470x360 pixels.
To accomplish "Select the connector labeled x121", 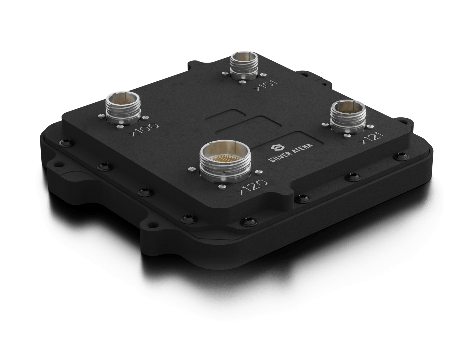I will coord(346,115).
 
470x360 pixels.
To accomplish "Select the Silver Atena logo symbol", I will coord(276,147).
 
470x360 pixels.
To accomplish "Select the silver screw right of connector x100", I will coord(145,118).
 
